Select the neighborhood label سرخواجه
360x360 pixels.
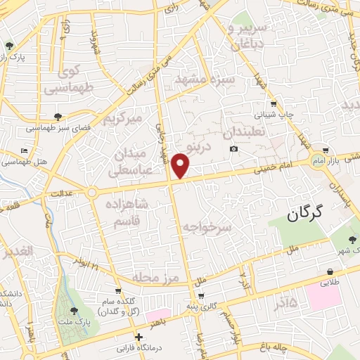point(207,229)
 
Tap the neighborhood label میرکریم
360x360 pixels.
point(130,118)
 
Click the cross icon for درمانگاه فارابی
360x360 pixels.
point(139,337)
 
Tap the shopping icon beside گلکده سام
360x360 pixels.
point(118,289)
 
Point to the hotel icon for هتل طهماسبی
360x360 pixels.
point(25,150)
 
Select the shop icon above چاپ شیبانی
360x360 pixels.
point(274,101)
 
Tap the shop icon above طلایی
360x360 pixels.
point(330,272)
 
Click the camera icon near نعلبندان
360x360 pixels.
point(233,148)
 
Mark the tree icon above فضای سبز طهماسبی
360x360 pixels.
point(58,117)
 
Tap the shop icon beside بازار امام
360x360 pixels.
point(325,150)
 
